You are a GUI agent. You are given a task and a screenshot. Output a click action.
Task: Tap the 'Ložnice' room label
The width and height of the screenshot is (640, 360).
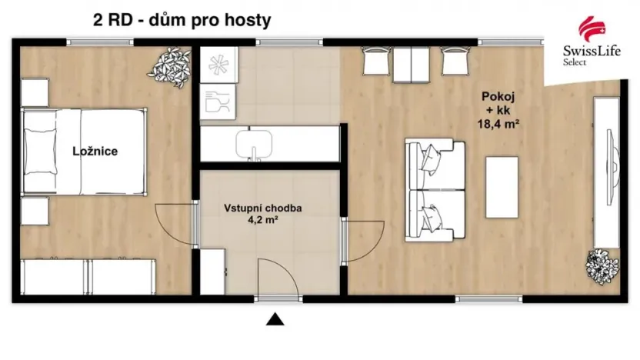tap(95, 152)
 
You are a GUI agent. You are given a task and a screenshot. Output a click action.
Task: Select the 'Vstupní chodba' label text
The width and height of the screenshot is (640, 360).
tap(262, 208)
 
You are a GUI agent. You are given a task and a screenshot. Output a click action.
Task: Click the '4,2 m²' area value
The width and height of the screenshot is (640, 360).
tap(262, 219)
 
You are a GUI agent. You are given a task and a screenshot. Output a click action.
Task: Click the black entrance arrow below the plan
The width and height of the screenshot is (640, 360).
tap(276, 320)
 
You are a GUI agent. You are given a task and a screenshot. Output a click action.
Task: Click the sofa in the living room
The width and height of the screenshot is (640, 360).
tap(435, 188)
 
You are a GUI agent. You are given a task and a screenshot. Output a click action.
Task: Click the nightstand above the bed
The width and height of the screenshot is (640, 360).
tap(34, 92)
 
